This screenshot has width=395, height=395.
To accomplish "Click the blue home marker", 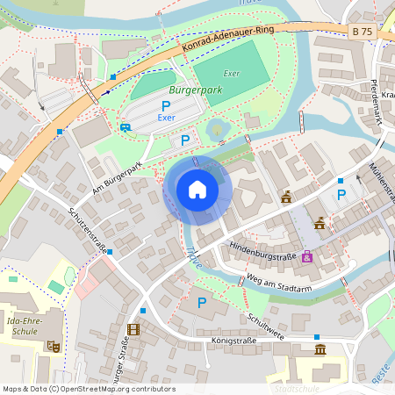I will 197,190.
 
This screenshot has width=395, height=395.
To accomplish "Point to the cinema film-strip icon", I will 133,329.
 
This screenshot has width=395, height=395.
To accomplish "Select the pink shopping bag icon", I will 306,257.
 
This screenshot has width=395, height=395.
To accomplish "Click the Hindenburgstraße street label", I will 262,247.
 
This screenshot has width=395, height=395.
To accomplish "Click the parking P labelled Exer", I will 166,105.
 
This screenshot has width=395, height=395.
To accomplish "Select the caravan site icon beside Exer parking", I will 126,126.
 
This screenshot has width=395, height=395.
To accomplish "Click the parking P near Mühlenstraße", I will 341,195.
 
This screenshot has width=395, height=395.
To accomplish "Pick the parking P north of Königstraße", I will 202,303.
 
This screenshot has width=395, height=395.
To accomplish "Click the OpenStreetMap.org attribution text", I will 127,388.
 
